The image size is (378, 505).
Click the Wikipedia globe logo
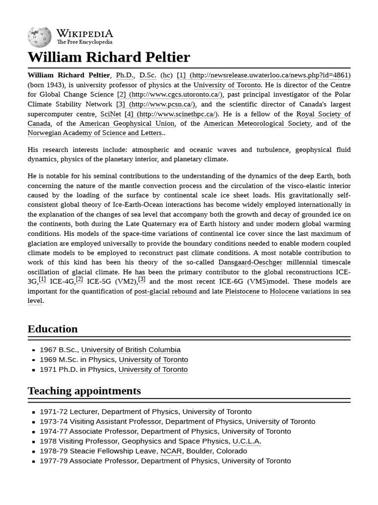tap(40, 36)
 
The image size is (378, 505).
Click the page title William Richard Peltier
tap(109, 57)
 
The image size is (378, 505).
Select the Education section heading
tap(53, 329)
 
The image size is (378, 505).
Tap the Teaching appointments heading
tap(84, 391)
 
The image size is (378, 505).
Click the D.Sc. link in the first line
tap(148, 75)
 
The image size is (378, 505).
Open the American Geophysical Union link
tap(127, 123)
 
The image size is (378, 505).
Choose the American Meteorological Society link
tap(257, 123)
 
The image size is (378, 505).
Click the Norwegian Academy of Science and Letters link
tap(95, 133)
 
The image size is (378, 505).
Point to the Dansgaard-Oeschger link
tap(251, 262)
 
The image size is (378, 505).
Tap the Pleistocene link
tap(242, 291)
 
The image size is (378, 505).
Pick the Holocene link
tap(284, 291)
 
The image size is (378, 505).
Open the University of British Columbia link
tap(131, 350)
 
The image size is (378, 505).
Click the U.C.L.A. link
tap(247, 441)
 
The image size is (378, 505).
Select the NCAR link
tap(171, 451)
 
